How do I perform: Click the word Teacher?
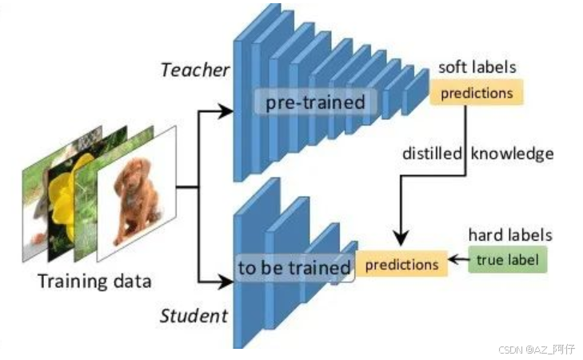194,70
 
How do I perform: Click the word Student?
194,314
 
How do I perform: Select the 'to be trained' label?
294,267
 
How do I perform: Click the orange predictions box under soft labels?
477,93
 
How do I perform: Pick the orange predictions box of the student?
401,264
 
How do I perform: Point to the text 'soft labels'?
477,67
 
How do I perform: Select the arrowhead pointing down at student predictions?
401,238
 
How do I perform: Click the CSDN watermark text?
537,350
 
